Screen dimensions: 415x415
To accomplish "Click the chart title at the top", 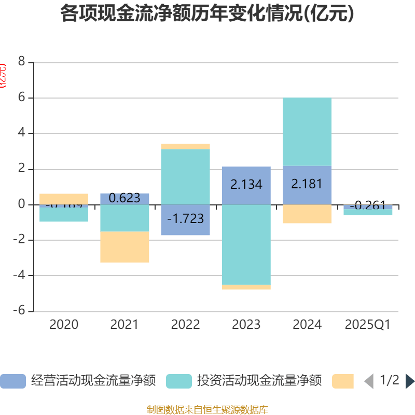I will tap(207, 14).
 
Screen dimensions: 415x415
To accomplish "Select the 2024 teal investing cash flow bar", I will tap(307, 132).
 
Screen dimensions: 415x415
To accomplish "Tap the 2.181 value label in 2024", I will tap(307, 184).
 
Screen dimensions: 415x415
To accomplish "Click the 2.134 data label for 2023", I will tap(246, 184).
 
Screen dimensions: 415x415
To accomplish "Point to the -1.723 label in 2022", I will tap(185, 218).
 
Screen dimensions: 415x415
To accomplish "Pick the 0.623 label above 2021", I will tap(125, 198).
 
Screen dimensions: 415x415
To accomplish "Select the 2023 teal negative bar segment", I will tap(246, 244).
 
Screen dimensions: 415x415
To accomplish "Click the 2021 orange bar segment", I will tap(125, 247).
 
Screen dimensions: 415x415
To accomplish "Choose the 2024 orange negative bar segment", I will tap(307, 214).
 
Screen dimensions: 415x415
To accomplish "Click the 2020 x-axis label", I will tap(64, 325).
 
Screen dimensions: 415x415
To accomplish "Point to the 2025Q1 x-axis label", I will tap(367, 325).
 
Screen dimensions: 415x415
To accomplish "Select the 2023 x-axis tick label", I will tap(246, 325).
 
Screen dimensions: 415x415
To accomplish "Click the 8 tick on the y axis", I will tap(21, 62).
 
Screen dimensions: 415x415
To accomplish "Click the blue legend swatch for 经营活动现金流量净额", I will tap(12, 381).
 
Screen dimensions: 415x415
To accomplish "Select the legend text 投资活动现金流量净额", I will tap(259, 381).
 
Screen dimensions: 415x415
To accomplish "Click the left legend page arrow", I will tap(369, 381).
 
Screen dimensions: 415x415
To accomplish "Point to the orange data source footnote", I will tap(207, 410).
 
